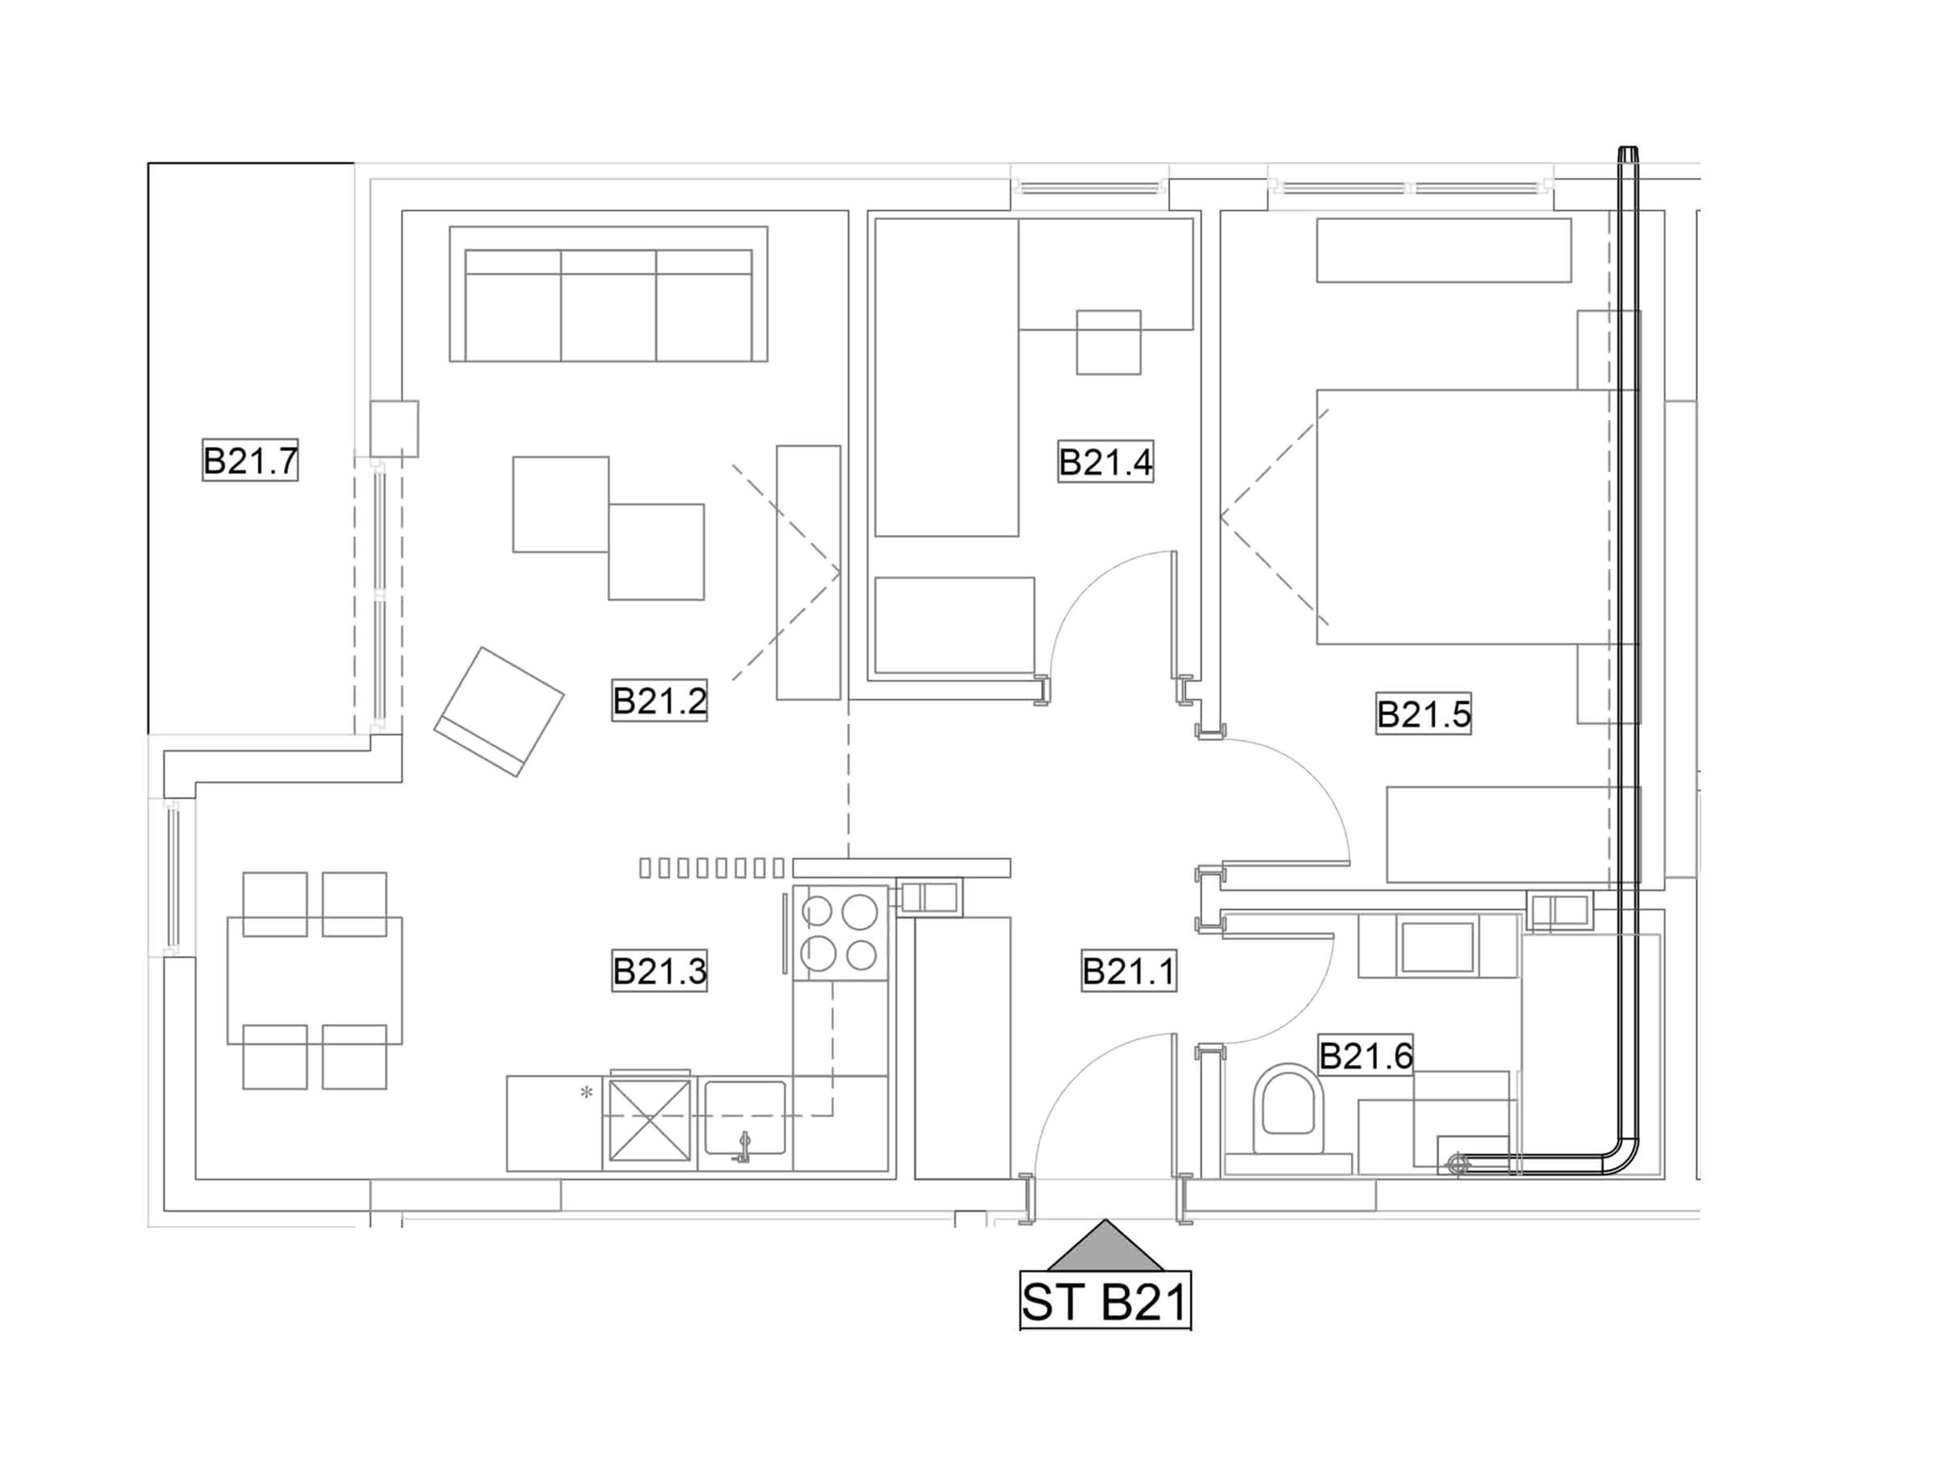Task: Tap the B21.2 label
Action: pyautogui.click(x=659, y=701)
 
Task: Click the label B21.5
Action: pyautogui.click(x=1423, y=714)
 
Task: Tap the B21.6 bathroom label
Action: pyautogui.click(x=1365, y=1056)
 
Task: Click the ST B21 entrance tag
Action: pyautogui.click(x=1105, y=1303)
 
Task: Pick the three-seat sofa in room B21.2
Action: pyautogui.click(x=608, y=294)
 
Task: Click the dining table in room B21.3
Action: pyautogui.click(x=315, y=980)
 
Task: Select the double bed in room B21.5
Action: pyautogui.click(x=1477, y=517)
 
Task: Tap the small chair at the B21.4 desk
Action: pyautogui.click(x=1109, y=342)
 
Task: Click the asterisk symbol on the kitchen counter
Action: pyautogui.click(x=586, y=1093)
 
